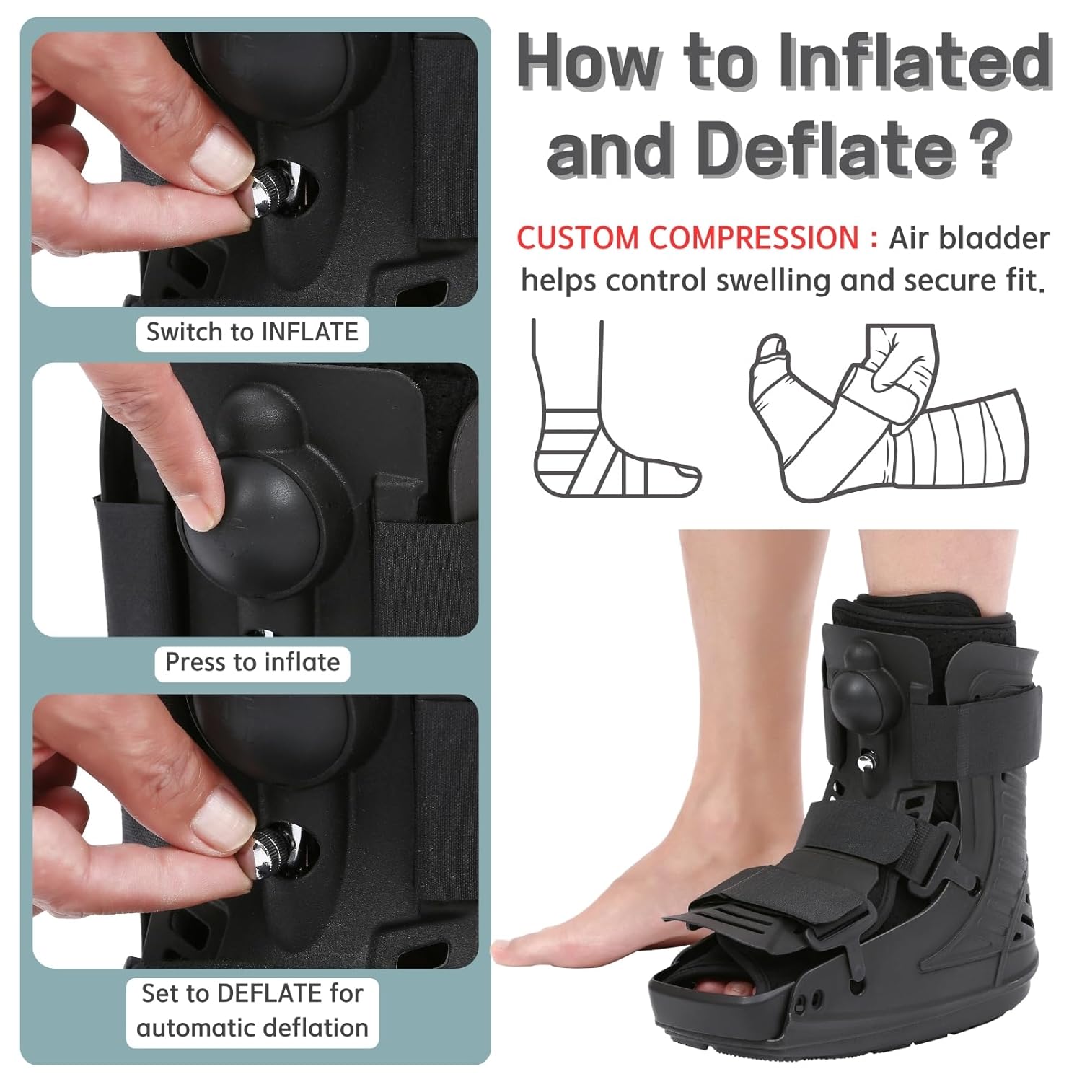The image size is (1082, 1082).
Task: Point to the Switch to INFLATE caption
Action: click(252, 333)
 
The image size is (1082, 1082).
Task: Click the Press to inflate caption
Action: click(252, 662)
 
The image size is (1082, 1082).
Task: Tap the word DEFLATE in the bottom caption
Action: click(270, 994)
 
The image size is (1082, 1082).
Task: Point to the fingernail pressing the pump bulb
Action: click(198, 509)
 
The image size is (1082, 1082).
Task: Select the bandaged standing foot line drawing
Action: click(599, 433)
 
